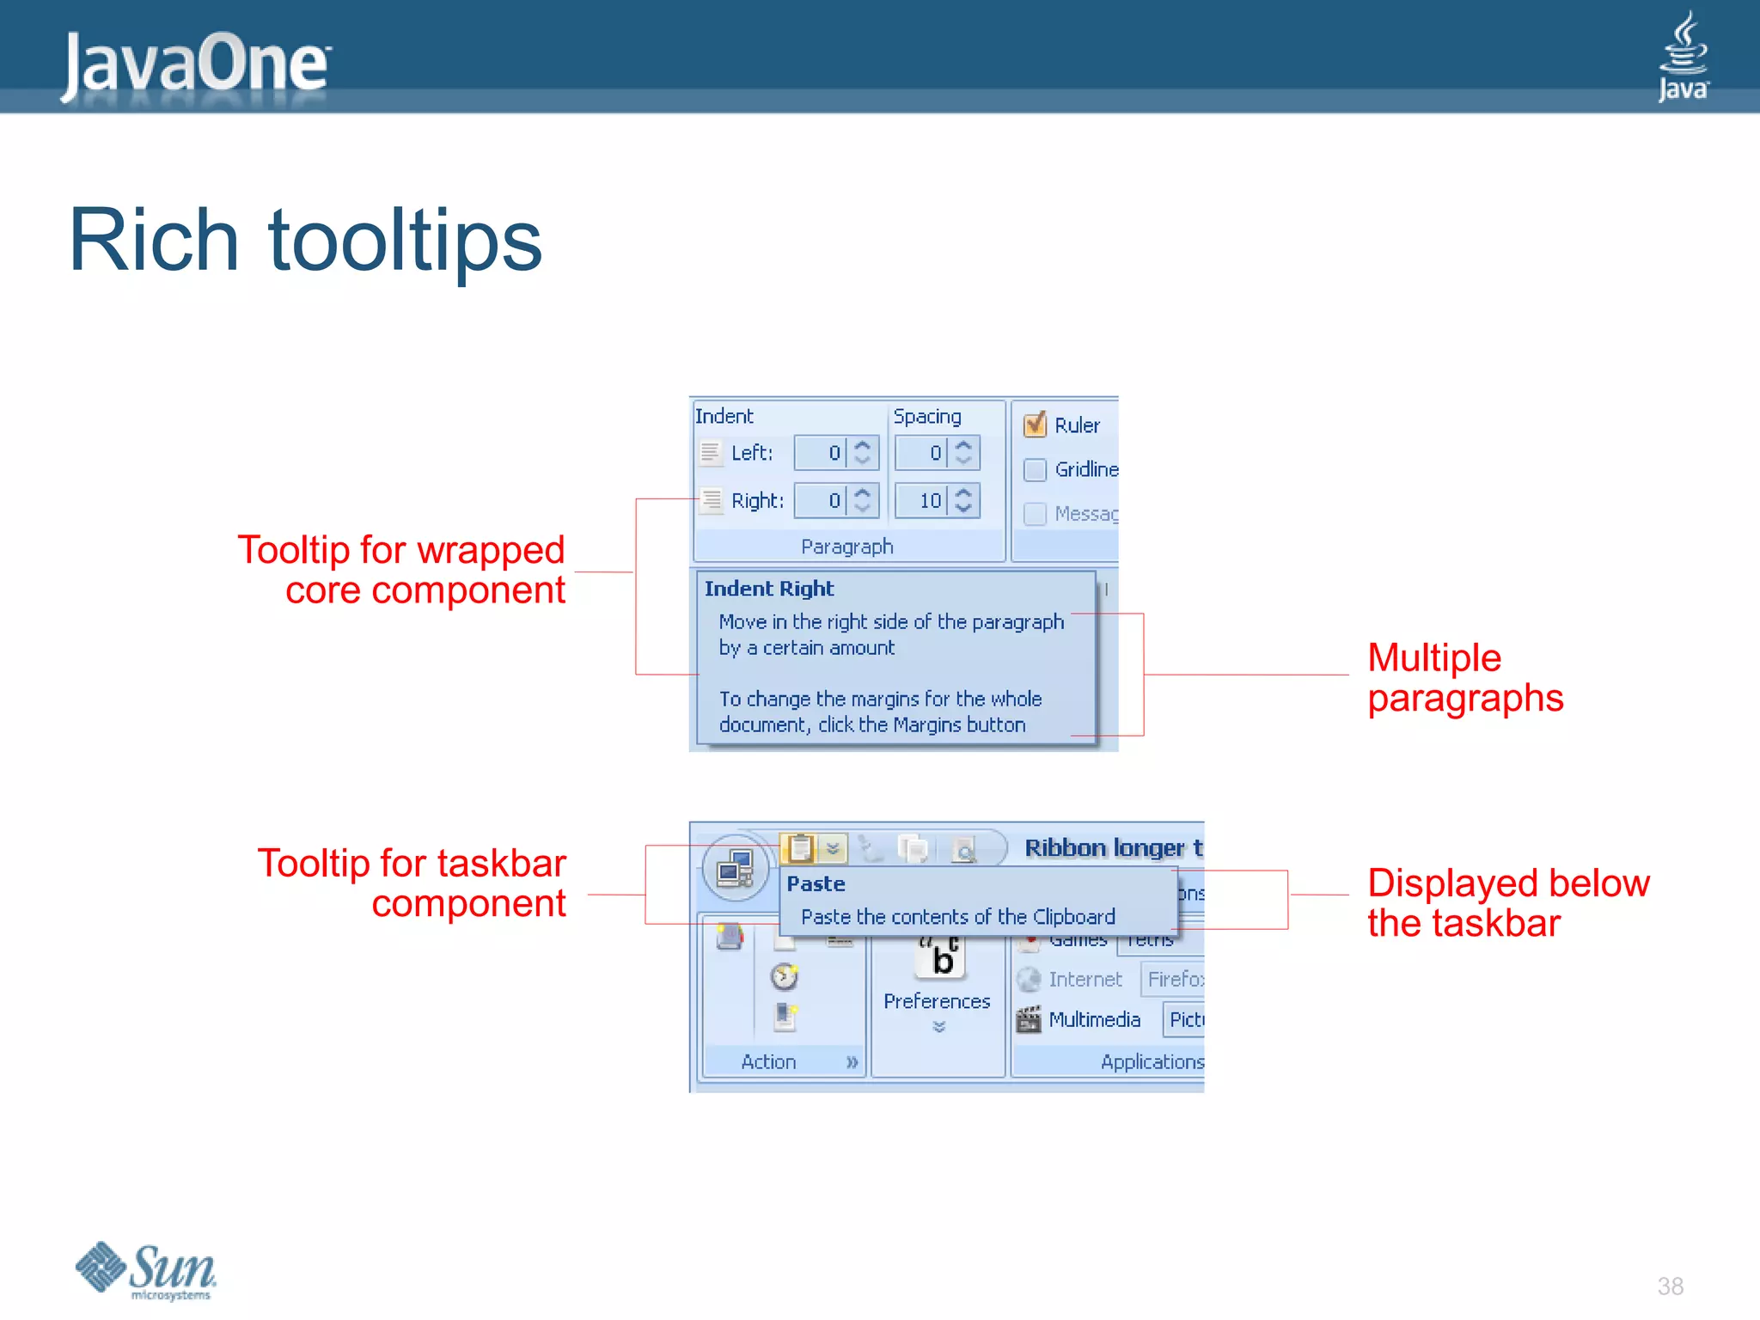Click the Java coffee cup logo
(x=1683, y=57)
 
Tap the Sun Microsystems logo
(x=146, y=1270)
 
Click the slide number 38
(x=1670, y=1286)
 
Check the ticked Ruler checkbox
(x=1035, y=425)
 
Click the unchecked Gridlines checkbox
(x=1035, y=469)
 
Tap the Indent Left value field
(x=821, y=453)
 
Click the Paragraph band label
(x=846, y=547)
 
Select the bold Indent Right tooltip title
(x=768, y=589)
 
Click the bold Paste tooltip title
(x=816, y=883)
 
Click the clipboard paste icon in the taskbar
(x=799, y=848)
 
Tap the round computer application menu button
(x=735, y=868)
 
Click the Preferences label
(x=937, y=1001)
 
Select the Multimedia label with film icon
(x=1093, y=1019)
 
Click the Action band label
(x=768, y=1061)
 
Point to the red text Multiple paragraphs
(x=1464, y=678)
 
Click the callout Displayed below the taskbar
(x=1507, y=903)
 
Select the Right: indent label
(x=756, y=500)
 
